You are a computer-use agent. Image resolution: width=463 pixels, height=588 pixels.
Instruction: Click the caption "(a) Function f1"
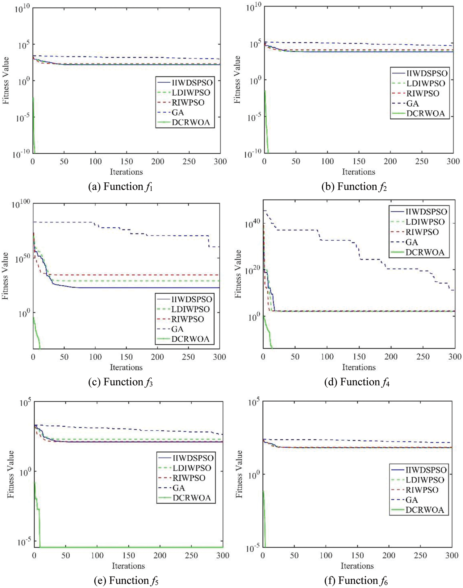120,187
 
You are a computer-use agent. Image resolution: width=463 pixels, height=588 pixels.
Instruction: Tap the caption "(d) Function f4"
357,382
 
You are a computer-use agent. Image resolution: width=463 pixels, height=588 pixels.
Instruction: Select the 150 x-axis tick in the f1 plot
127,161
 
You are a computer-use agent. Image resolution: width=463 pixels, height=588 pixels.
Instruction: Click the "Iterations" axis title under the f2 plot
358,172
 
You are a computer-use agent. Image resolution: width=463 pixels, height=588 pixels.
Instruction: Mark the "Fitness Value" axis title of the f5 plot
11,474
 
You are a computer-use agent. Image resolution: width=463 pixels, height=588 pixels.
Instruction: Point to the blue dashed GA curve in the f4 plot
340,240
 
